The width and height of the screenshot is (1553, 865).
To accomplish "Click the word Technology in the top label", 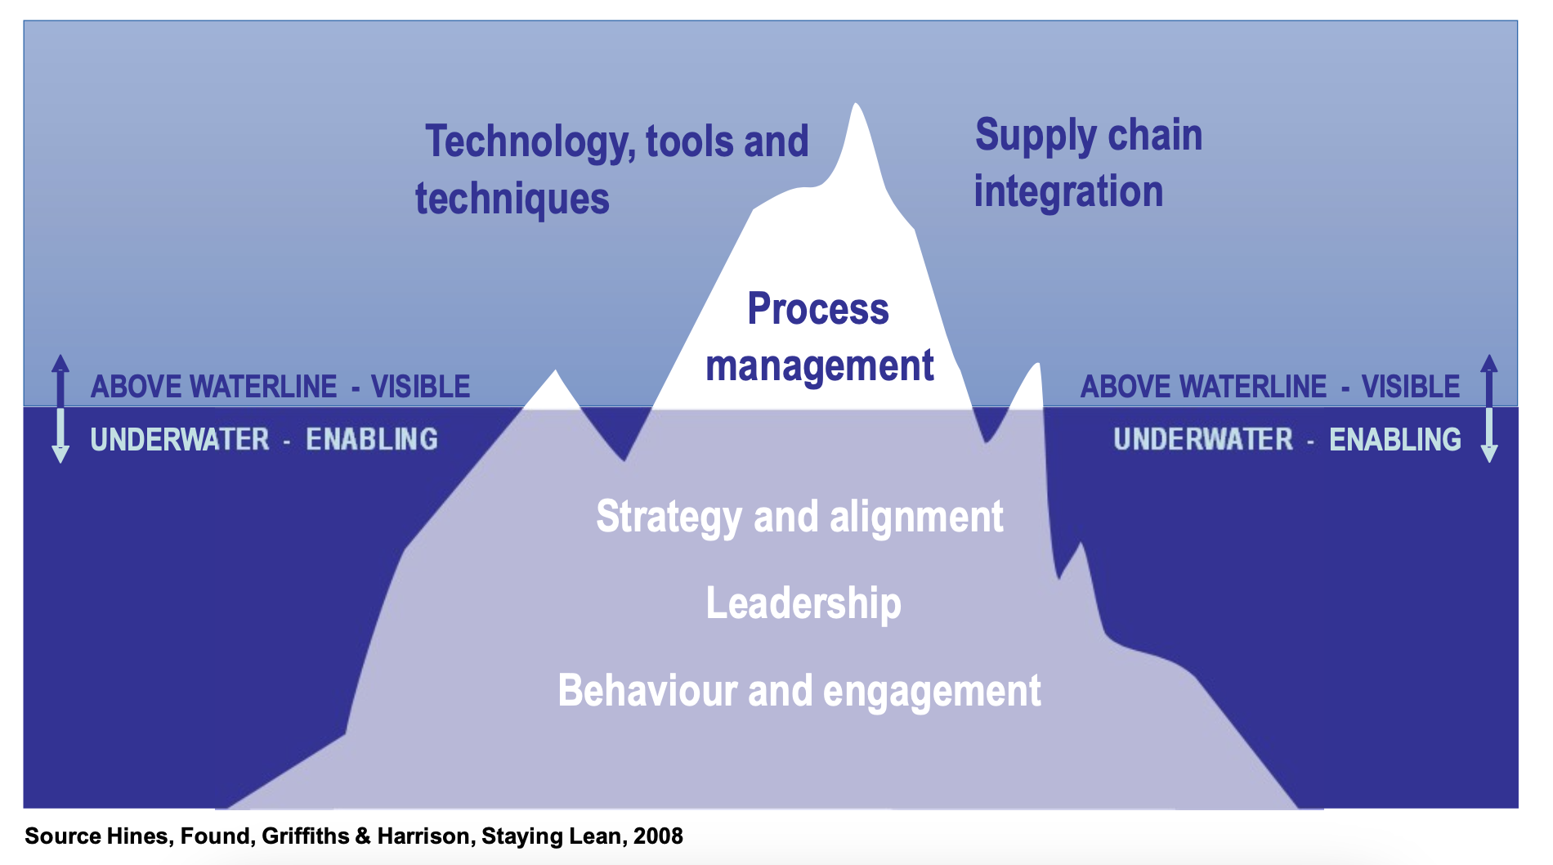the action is click(530, 142).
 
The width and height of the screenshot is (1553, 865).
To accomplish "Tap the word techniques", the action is click(512, 199).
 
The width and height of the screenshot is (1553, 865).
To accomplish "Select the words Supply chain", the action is click(1089, 136).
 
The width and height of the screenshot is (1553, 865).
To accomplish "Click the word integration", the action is click(1068, 191).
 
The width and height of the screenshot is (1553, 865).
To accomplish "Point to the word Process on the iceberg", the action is click(818, 309).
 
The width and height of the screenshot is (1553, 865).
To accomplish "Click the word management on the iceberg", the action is click(820, 365).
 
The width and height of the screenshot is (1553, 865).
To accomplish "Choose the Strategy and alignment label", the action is click(799, 518).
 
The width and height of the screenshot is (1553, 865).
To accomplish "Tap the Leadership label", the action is click(803, 603).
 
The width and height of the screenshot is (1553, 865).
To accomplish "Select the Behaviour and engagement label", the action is click(799, 691).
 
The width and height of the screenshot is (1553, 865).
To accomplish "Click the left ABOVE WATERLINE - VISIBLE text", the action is click(280, 387).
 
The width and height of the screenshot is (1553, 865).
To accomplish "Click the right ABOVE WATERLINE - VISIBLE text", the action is click(1270, 387).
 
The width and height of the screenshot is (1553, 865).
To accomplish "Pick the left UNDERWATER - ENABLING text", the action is click(264, 440).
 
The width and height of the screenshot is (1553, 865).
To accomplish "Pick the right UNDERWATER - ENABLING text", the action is click(1287, 440).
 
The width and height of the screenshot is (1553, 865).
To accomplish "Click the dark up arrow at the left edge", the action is click(60, 380).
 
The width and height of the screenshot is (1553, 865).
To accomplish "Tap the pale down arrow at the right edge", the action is click(1489, 436).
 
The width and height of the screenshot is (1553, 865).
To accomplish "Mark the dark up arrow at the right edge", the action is click(1489, 380).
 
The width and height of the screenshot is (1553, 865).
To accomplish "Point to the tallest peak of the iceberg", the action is click(856, 104).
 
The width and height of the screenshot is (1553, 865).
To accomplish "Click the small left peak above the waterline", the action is click(556, 371).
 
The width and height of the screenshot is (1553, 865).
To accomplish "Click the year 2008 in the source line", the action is click(658, 836).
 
